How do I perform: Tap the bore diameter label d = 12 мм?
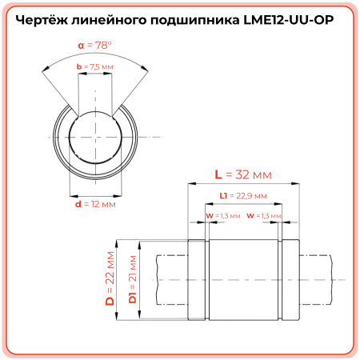pos(94,205)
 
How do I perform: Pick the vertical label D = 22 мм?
pos(111,278)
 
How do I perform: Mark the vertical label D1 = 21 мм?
pos(133,278)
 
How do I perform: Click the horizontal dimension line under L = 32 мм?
pos(243,183)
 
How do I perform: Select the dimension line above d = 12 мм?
pos(95,194)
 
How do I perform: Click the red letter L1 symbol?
pos(223,195)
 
